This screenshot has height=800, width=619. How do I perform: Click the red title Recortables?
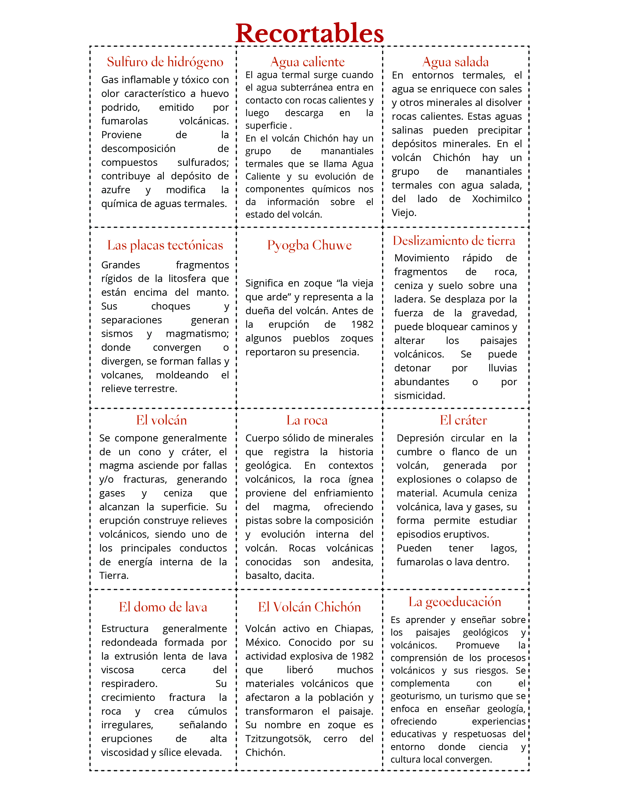[x=309, y=33]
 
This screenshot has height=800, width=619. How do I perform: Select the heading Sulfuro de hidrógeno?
[x=165, y=62]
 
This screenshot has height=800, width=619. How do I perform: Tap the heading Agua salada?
[x=455, y=62]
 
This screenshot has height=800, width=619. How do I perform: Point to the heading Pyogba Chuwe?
[x=309, y=245]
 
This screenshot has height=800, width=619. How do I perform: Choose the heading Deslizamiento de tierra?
[x=454, y=241]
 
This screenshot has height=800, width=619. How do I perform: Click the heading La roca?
[x=307, y=420]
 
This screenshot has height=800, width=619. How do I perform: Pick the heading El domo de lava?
[x=163, y=607]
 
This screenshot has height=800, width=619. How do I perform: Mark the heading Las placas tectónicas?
[x=165, y=245]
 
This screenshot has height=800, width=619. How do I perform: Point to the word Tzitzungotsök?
[x=278, y=739]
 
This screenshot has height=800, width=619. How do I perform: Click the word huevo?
[x=215, y=94]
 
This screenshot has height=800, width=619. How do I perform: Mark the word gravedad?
[x=494, y=313]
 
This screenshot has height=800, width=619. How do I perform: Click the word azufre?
[x=116, y=190]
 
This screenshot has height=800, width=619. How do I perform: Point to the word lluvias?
[x=502, y=368]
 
